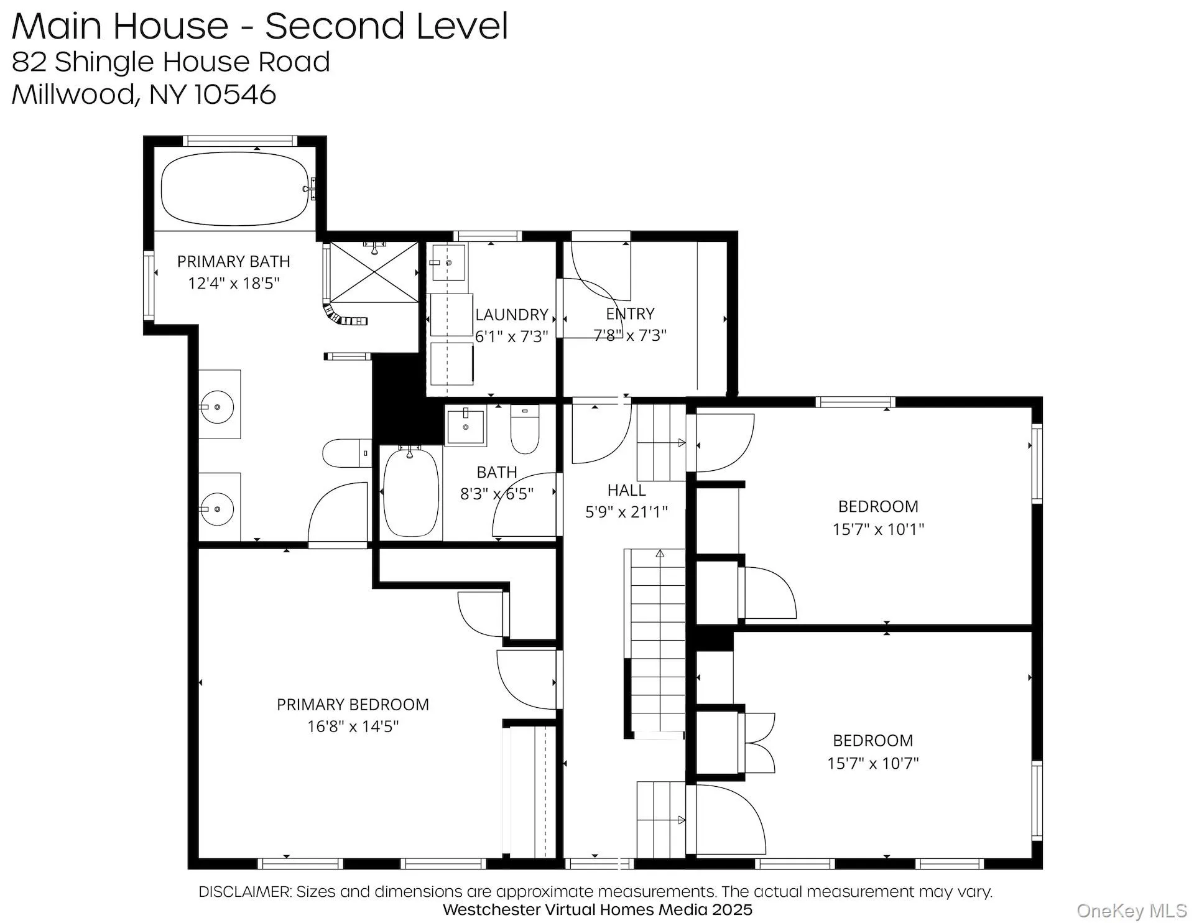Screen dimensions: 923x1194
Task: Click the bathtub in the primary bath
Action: (234, 188)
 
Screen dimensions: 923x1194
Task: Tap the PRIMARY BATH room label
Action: (233, 262)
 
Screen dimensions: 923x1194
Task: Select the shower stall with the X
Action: (374, 273)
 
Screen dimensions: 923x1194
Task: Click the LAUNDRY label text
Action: (511, 315)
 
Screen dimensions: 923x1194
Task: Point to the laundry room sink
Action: (448, 263)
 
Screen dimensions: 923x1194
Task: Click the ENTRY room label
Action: (630, 314)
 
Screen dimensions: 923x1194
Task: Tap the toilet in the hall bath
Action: (525, 429)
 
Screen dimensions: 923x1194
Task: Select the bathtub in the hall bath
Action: (410, 493)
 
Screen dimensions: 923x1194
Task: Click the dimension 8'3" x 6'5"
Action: (496, 494)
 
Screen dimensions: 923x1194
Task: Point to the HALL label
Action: (626, 491)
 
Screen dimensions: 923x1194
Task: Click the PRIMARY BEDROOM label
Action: (353, 705)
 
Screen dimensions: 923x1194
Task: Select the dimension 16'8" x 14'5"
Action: (353, 726)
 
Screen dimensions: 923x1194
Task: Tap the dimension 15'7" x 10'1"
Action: (878, 529)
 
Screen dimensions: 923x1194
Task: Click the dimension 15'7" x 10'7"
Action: (872, 763)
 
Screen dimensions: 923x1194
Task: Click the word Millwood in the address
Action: (72, 95)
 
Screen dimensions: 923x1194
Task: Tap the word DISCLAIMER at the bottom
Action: (244, 892)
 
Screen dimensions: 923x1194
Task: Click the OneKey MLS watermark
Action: (1131, 911)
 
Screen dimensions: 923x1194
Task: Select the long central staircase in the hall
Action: (658, 641)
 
